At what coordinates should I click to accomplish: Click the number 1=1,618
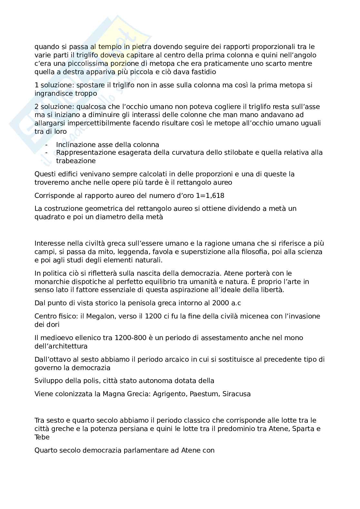[210, 196]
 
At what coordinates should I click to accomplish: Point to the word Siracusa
[236, 394]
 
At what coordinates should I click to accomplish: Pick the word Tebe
[42, 437]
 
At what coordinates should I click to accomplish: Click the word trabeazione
[76, 161]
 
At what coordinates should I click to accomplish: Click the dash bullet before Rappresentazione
[47, 152]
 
